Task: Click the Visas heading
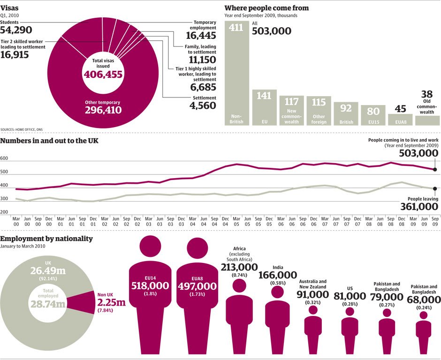pyautogui.click(x=9, y=7)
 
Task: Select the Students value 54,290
pyautogui.click(x=16, y=30)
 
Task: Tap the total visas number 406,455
pyautogui.click(x=103, y=75)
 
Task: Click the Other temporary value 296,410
pyautogui.click(x=103, y=110)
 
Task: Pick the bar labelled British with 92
pyautogui.click(x=346, y=114)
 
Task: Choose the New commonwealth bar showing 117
pyautogui.click(x=291, y=111)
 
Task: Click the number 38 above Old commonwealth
pyautogui.click(x=427, y=94)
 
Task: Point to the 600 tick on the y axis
pyautogui.click(x=5, y=159)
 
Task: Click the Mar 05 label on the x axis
pyautogui.click(x=237, y=220)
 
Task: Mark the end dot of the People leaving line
pyautogui.click(x=435, y=189)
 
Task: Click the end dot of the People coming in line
pyautogui.click(x=435, y=170)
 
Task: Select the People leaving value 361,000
pyautogui.click(x=418, y=207)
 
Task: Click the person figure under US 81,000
pyautogui.click(x=350, y=328)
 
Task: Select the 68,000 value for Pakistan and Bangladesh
pyautogui.click(x=424, y=299)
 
